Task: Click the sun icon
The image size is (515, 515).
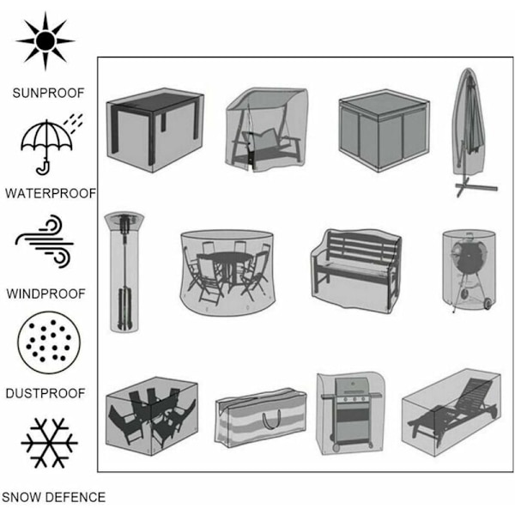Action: (45, 41)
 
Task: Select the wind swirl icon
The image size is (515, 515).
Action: (45, 241)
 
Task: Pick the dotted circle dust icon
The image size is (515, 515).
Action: (49, 342)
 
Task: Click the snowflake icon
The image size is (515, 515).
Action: (49, 443)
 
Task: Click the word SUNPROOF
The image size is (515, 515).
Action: (49, 94)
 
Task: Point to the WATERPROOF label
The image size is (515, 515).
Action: (51, 193)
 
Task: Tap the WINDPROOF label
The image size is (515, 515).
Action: (46, 294)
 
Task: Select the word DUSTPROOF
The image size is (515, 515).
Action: (45, 393)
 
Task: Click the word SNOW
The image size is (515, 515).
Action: (23, 497)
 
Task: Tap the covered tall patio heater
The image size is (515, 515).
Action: (124, 272)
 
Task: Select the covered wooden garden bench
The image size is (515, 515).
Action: (356, 270)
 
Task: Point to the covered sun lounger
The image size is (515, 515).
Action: (451, 412)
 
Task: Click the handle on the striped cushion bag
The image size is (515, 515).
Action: (271, 419)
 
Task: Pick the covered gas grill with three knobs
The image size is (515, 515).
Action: (350, 414)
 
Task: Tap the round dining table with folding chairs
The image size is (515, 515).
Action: (227, 273)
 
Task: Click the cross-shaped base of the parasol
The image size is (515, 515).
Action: (476, 187)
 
